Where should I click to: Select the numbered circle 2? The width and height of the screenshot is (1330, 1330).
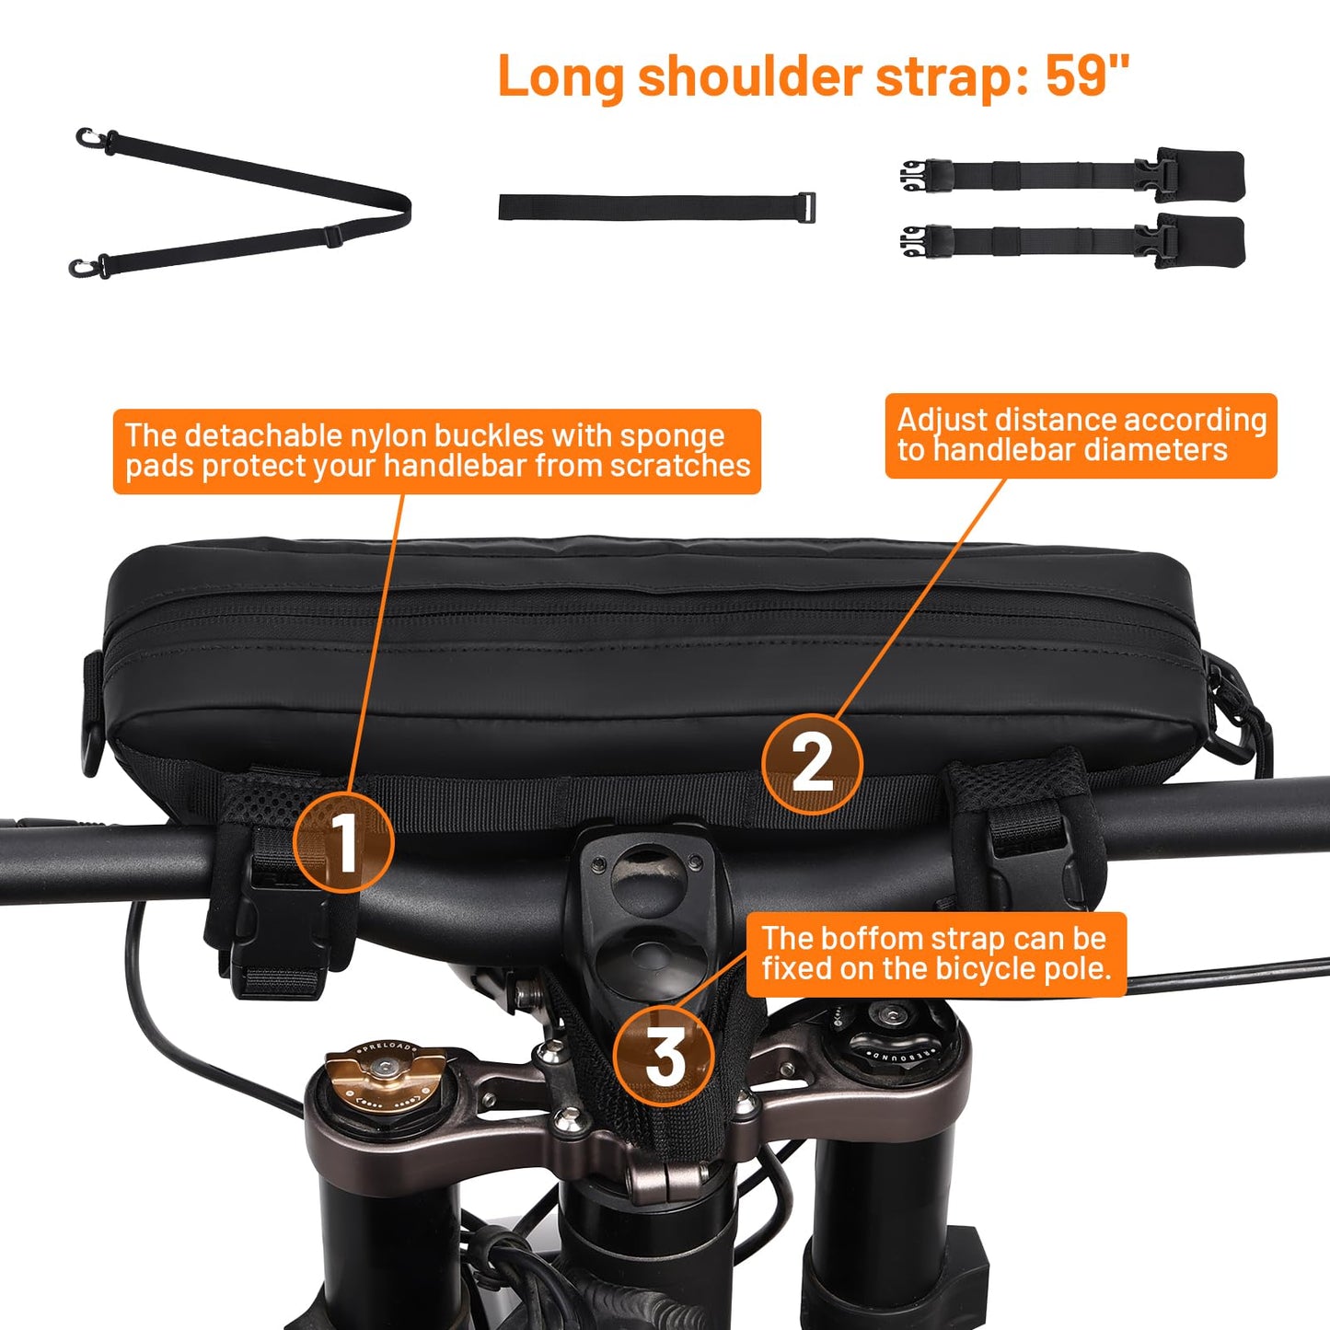tap(813, 763)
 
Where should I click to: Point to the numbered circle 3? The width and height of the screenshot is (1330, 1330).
tap(664, 1056)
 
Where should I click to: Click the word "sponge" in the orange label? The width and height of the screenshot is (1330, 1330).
tap(672, 437)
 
